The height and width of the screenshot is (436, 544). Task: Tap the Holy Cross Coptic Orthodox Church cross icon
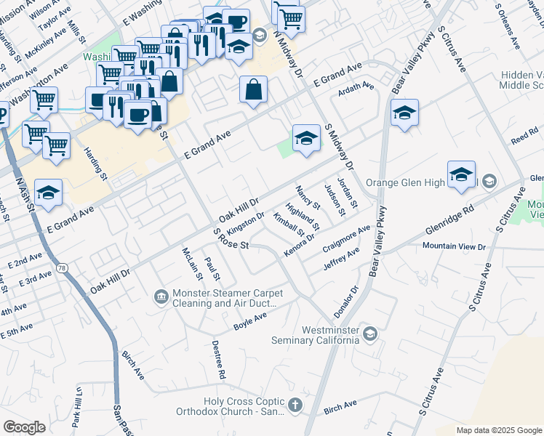coord(295,405)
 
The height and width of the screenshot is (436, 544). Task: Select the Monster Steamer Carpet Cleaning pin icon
coord(161,296)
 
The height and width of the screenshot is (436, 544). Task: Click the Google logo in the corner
coord(24,427)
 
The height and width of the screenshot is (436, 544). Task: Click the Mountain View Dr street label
coord(454,247)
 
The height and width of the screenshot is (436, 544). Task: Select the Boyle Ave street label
coord(249,320)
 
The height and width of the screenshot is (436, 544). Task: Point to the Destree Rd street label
coord(218,360)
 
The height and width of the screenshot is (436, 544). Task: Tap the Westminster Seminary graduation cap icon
coord(370,334)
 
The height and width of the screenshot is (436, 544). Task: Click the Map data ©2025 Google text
coord(498,430)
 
